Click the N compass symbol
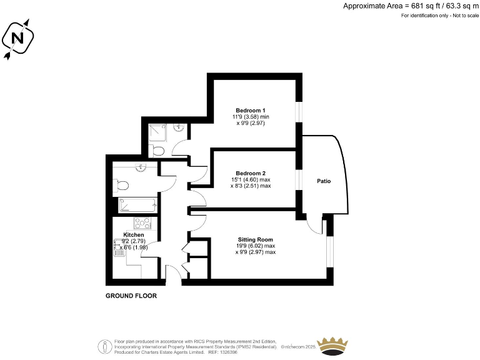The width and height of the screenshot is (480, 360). click(18, 39)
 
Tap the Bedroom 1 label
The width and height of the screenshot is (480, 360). click(246, 110)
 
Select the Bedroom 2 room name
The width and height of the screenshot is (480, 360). click(251, 173)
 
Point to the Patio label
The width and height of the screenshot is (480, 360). click(323, 181)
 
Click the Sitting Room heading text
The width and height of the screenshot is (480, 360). click(256, 239)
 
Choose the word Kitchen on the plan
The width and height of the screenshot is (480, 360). click(134, 234)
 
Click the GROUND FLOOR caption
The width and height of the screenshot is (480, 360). click(131, 296)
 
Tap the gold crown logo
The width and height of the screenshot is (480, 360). click(332, 345)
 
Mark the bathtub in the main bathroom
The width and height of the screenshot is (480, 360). click(137, 204)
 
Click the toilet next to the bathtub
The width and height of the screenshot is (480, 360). click(122, 185)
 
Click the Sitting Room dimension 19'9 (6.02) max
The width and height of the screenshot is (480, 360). click(256, 246)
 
